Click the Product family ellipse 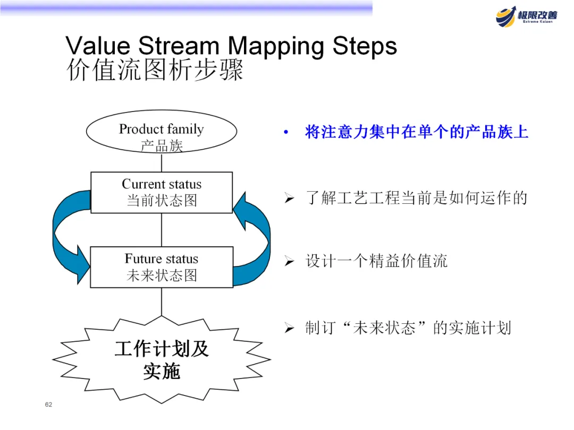click(162, 136)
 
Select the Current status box click(162, 192)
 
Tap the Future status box click(162, 267)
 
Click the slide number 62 click(49, 405)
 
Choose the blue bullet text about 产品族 click(417, 132)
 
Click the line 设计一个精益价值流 click(376, 261)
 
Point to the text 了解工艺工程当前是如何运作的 click(416, 198)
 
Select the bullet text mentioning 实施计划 click(408, 328)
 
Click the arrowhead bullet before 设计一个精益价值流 click(289, 261)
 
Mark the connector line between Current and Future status click(162, 230)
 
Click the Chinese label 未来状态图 click(162, 276)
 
